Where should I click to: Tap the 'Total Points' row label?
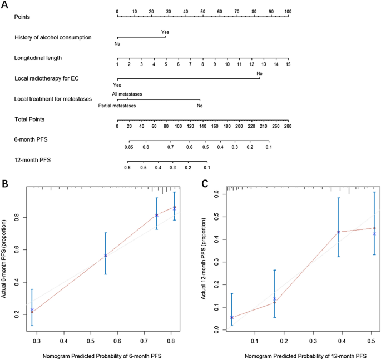click(x=30, y=119)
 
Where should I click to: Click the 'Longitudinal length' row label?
click(x=38, y=58)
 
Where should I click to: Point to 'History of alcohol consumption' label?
click(x=53, y=38)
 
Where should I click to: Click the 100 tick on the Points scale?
click(x=288, y=11)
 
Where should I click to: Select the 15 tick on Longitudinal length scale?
click(x=288, y=65)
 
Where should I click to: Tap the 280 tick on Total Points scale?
click(x=288, y=127)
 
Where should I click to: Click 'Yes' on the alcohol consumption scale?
click(x=165, y=32)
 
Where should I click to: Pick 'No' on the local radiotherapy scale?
click(x=259, y=73)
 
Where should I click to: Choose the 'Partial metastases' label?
click(x=117, y=105)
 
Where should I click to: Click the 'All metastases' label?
click(x=126, y=94)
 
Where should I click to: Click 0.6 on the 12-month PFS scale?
click(x=127, y=167)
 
